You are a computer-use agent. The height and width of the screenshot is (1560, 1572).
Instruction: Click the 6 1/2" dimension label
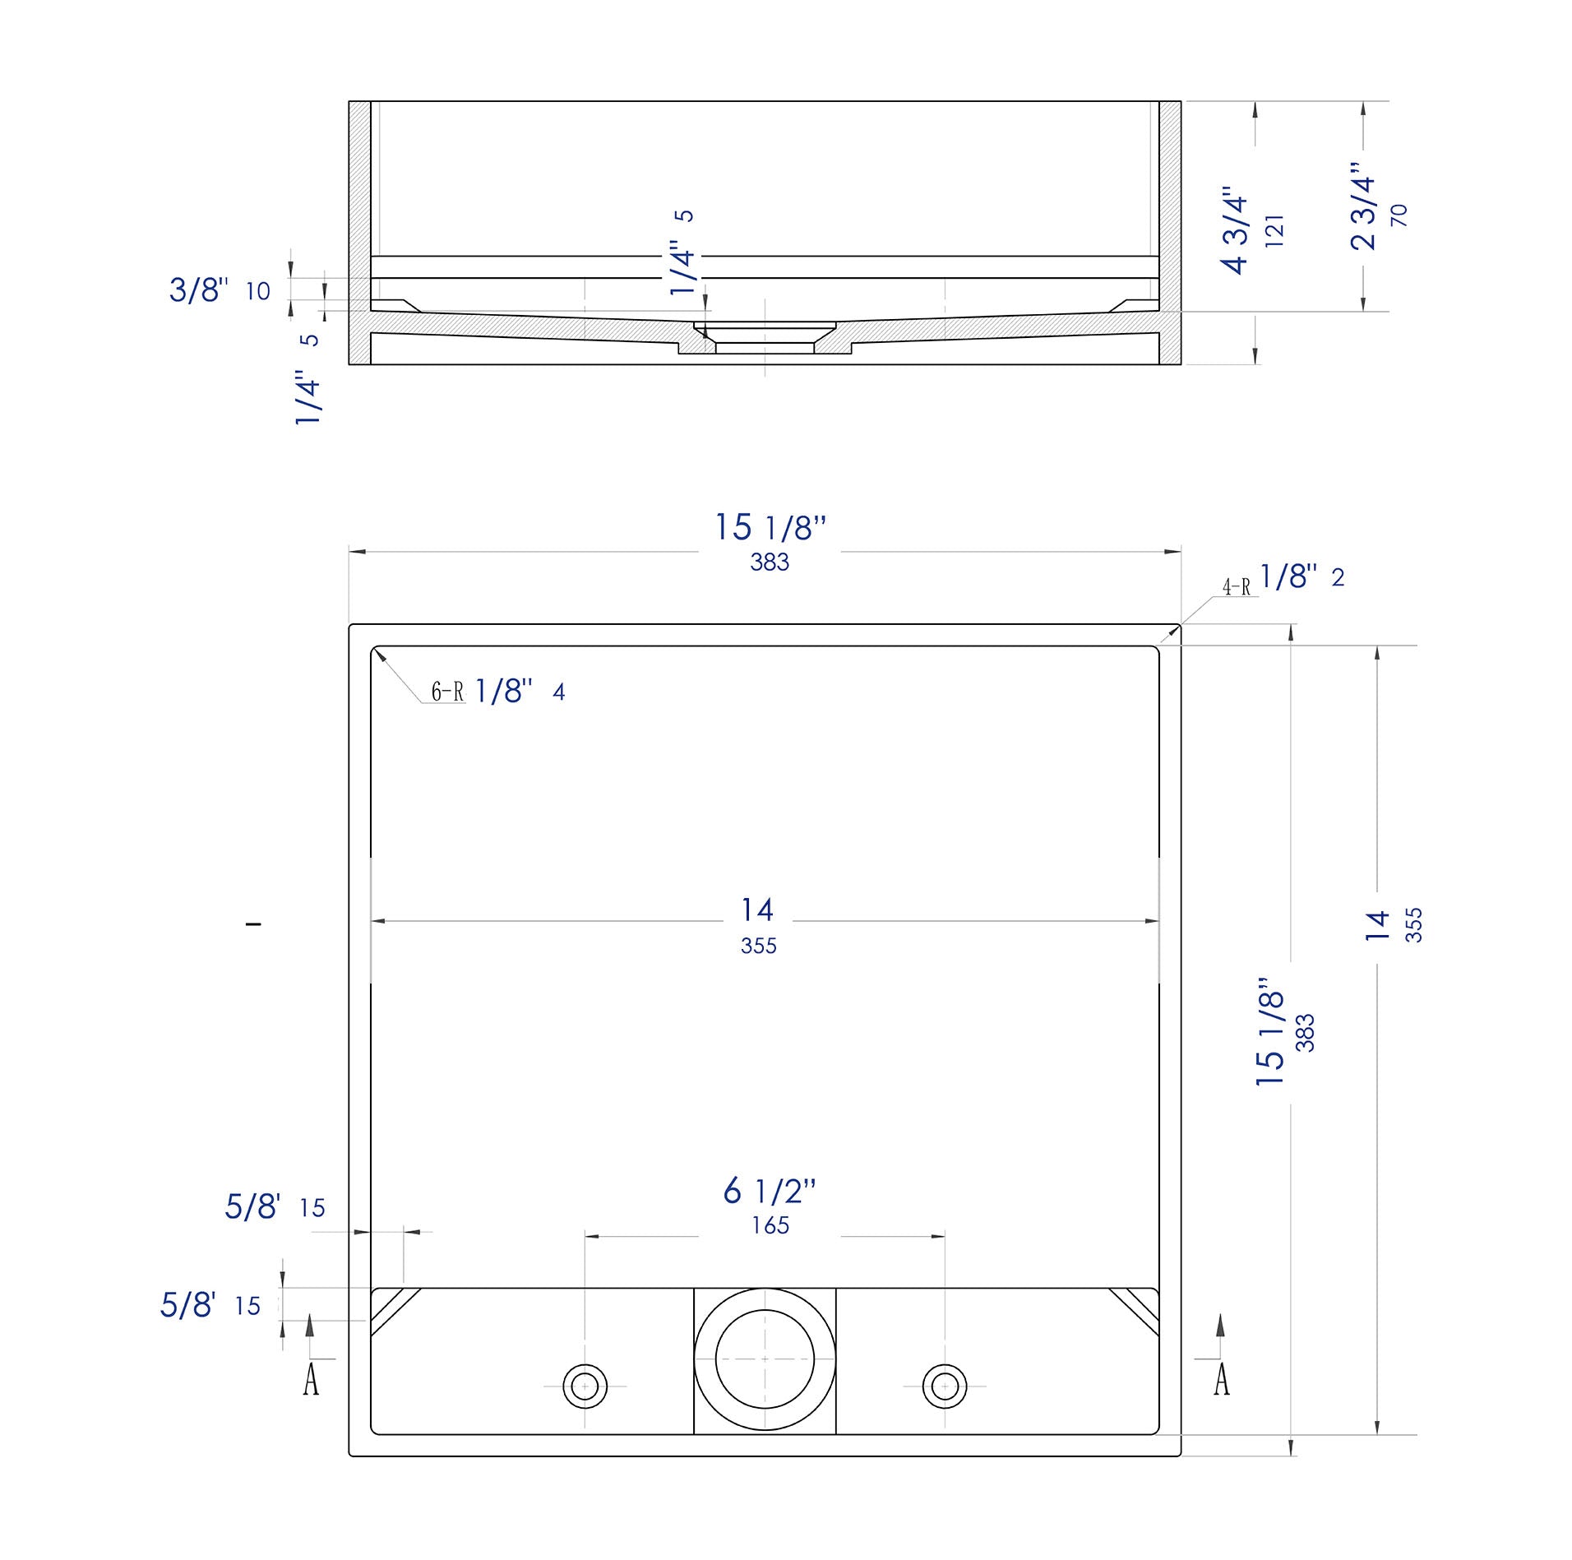(769, 1191)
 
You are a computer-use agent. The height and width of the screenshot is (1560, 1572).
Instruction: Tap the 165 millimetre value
(770, 1225)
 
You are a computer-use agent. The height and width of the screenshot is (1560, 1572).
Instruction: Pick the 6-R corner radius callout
(448, 692)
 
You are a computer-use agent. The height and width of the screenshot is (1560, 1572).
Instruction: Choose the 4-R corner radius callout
(1236, 587)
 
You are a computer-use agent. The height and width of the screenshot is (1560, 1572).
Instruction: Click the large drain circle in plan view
(765, 1359)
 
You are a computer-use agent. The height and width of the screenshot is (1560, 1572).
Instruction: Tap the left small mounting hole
(585, 1386)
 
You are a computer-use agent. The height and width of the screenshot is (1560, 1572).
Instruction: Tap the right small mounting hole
(945, 1386)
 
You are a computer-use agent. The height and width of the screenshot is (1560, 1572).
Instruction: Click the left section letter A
(311, 1379)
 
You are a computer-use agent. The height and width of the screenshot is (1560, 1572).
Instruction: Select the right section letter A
(1222, 1379)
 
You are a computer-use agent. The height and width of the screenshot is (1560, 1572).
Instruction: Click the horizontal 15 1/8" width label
(770, 528)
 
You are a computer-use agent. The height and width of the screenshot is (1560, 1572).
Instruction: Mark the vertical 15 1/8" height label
(1271, 1032)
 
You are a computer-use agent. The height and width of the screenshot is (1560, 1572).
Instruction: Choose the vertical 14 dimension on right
(1376, 925)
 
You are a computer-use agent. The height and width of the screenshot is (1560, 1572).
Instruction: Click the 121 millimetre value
(1274, 231)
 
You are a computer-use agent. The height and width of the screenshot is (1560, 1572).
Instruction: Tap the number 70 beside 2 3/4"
(1399, 215)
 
